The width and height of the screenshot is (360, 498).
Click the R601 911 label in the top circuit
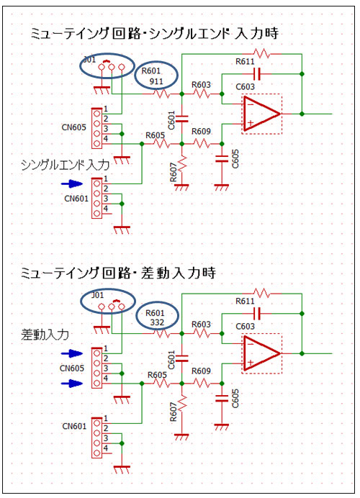153,76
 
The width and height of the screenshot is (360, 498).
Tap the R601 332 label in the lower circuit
156,317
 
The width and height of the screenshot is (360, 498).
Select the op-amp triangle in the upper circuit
262,114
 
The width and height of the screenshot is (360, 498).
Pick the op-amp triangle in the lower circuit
262,353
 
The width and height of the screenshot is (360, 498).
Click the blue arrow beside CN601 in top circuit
72,184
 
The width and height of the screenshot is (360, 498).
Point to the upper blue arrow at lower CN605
72,353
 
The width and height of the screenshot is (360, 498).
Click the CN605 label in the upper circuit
73,127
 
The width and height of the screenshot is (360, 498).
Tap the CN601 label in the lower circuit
74,426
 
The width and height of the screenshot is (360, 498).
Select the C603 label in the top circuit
245,86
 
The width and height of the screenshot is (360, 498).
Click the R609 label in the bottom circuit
201,371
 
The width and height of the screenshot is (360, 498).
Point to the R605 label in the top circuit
155,135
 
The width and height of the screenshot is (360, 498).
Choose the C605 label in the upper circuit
235,159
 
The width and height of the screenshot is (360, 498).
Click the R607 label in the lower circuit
174,412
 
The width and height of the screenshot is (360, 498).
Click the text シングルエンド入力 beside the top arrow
65,165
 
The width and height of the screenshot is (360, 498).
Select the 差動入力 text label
45,335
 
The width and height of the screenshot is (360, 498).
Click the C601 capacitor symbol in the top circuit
181,119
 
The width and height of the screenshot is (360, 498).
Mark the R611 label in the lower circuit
245,301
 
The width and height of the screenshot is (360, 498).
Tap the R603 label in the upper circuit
201,85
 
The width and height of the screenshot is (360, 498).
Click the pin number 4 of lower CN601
106,448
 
